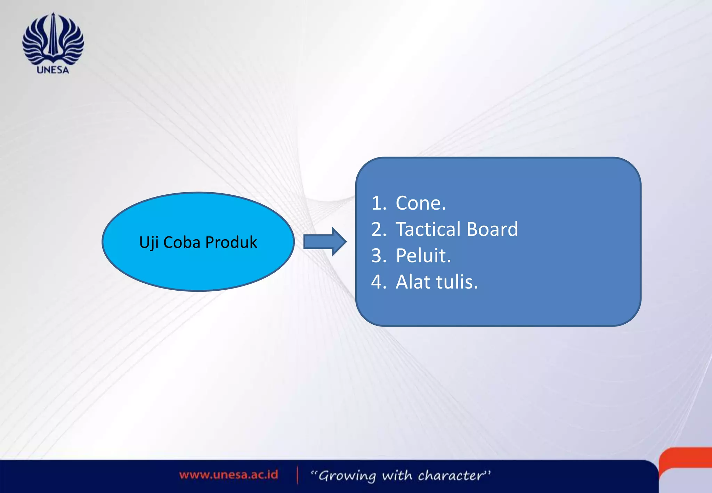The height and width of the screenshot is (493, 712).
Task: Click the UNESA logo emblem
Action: point(53,38)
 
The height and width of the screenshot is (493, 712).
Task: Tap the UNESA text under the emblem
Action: point(53,70)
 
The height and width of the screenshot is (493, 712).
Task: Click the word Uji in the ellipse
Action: point(149,242)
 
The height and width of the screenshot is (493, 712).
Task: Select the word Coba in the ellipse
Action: point(181,242)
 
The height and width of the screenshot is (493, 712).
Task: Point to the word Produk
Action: point(231,242)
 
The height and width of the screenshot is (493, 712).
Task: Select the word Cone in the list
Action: point(420,203)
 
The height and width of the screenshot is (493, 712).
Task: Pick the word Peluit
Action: point(423,256)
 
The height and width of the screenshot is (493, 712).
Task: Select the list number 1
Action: point(378,203)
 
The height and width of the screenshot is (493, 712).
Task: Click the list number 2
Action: point(378,229)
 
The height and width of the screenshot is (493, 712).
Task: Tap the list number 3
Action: point(378,256)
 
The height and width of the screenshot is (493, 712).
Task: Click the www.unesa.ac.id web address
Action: point(228,475)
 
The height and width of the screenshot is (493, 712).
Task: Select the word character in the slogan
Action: point(451,475)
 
